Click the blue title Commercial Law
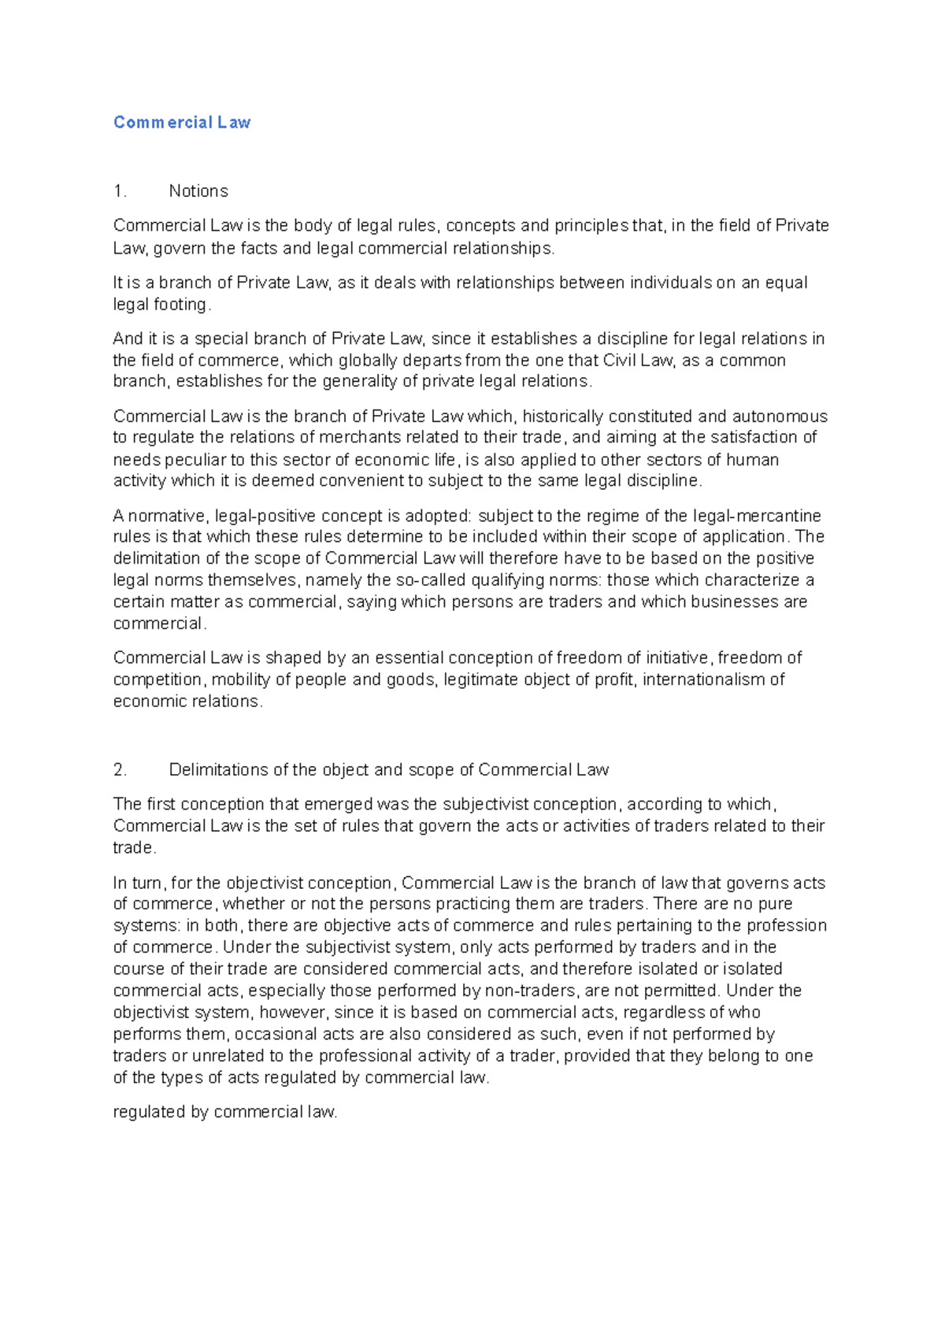182,122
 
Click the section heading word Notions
198,191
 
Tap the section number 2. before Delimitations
120,770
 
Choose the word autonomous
780,417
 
